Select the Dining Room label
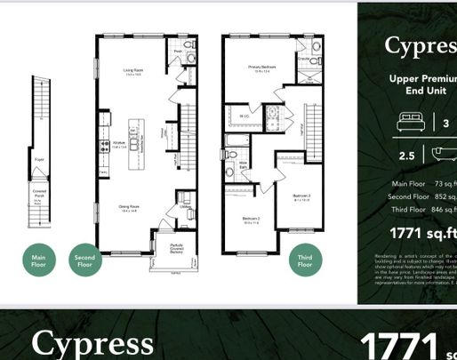click(131, 206)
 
